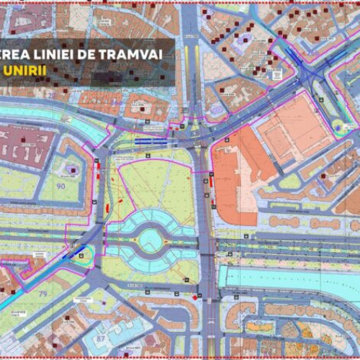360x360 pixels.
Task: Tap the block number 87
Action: coord(100,338)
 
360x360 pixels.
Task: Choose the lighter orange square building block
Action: coord(295,130)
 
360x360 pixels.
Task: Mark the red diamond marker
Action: coord(195,295)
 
